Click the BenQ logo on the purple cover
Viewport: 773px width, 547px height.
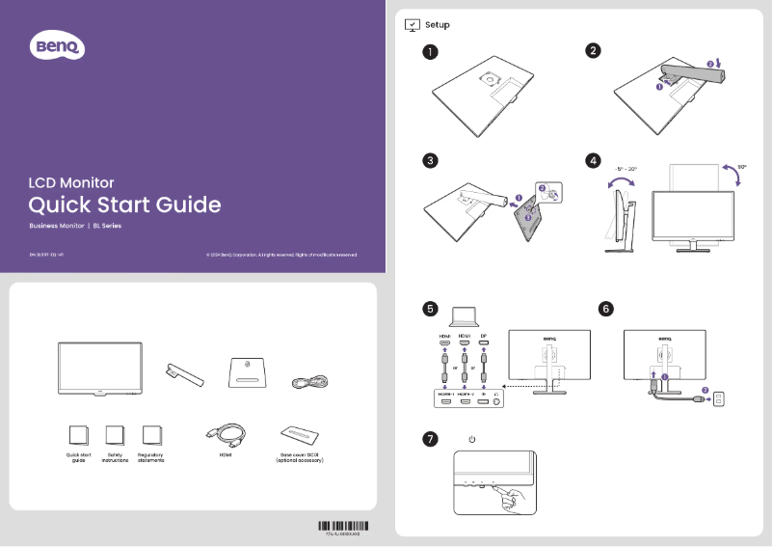click(x=60, y=45)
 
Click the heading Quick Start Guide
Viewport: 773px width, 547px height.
click(x=124, y=205)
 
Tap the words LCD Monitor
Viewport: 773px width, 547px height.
click(x=71, y=181)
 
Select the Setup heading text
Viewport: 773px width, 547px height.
click(x=438, y=24)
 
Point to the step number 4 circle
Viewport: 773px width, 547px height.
click(x=594, y=159)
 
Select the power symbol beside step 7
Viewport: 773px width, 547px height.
click(x=471, y=440)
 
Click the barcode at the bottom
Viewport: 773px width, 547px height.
click(x=342, y=526)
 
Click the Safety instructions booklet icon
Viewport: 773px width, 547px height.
click(x=115, y=436)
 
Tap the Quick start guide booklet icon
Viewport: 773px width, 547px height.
click(x=79, y=436)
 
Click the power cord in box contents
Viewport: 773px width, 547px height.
click(x=310, y=383)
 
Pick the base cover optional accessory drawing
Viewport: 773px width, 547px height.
click(x=299, y=435)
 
